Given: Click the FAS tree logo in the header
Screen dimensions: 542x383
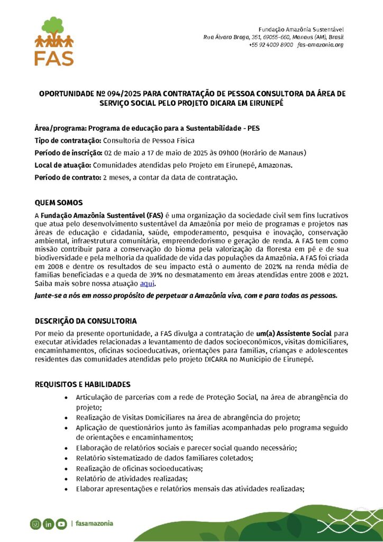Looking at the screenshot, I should (x=54, y=41).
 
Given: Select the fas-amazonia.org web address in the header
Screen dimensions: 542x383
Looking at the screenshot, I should (x=321, y=45).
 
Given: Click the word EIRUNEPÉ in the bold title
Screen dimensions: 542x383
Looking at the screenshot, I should (x=263, y=103).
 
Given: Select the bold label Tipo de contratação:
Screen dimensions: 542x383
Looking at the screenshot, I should (x=68, y=140).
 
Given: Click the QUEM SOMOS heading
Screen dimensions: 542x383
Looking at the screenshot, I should (x=59, y=203).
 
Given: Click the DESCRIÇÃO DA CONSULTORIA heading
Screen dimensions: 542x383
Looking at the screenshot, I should (x=86, y=321).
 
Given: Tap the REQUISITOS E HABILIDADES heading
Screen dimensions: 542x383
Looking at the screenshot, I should (x=83, y=384).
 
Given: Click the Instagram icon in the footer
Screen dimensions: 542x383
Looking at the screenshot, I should (x=35, y=524).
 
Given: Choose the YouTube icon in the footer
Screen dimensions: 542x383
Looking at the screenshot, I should (x=61, y=524).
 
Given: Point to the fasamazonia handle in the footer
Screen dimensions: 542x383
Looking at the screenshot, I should (x=94, y=524).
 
